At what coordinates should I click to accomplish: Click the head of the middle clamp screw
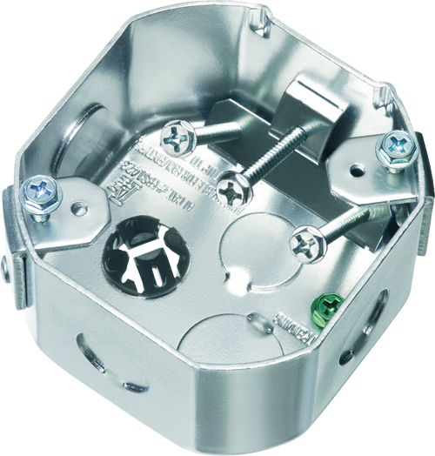231,185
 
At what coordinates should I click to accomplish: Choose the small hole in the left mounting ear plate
82,207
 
